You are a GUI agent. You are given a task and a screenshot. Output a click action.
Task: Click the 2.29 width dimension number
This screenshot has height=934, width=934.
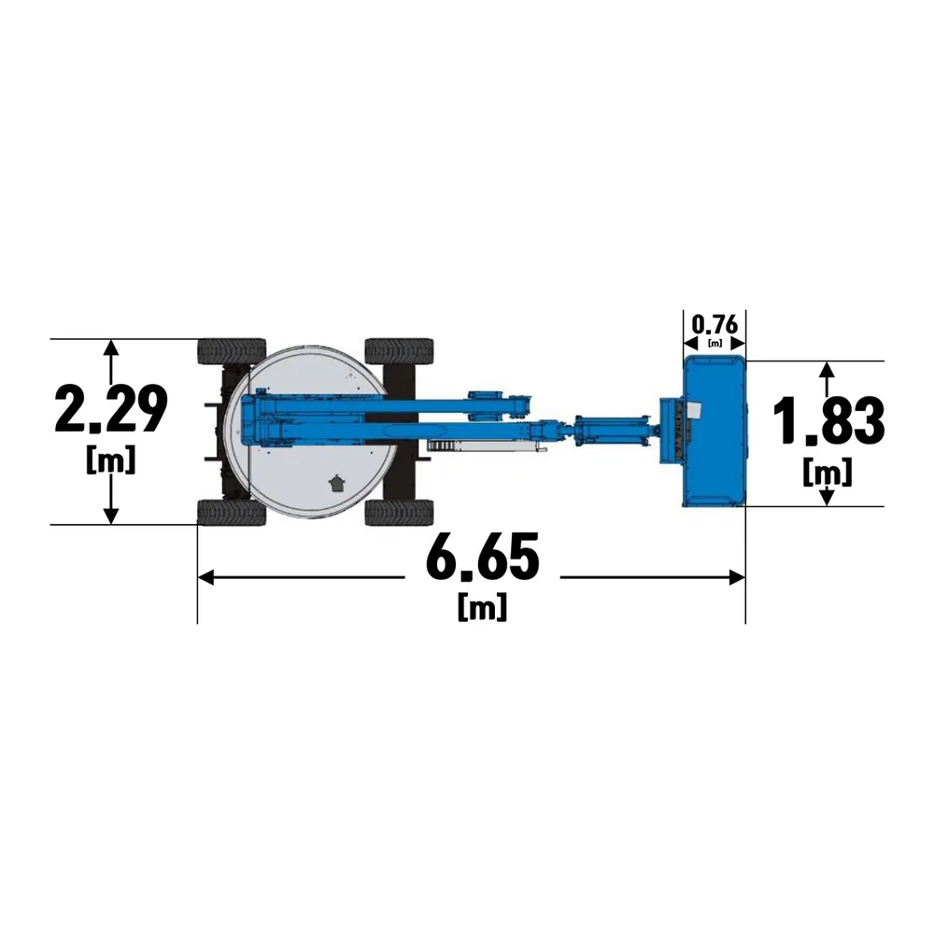click(110, 409)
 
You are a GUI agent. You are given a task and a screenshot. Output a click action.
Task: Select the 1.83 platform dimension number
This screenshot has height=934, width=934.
click(828, 421)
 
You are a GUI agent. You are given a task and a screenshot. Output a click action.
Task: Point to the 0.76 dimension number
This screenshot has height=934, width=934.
click(715, 325)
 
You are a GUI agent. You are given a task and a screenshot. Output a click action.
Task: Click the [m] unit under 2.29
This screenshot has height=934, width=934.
click(111, 460)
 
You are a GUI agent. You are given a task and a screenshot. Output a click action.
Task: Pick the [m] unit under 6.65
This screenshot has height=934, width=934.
click(483, 606)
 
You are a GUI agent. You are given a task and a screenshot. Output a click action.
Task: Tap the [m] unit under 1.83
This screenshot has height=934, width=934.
click(828, 473)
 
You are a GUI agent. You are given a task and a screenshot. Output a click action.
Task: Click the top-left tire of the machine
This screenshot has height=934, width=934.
click(232, 351)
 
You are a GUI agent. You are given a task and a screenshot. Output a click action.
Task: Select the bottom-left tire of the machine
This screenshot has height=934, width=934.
click(232, 512)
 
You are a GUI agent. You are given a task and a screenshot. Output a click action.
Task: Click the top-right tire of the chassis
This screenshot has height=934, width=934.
click(399, 351)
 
